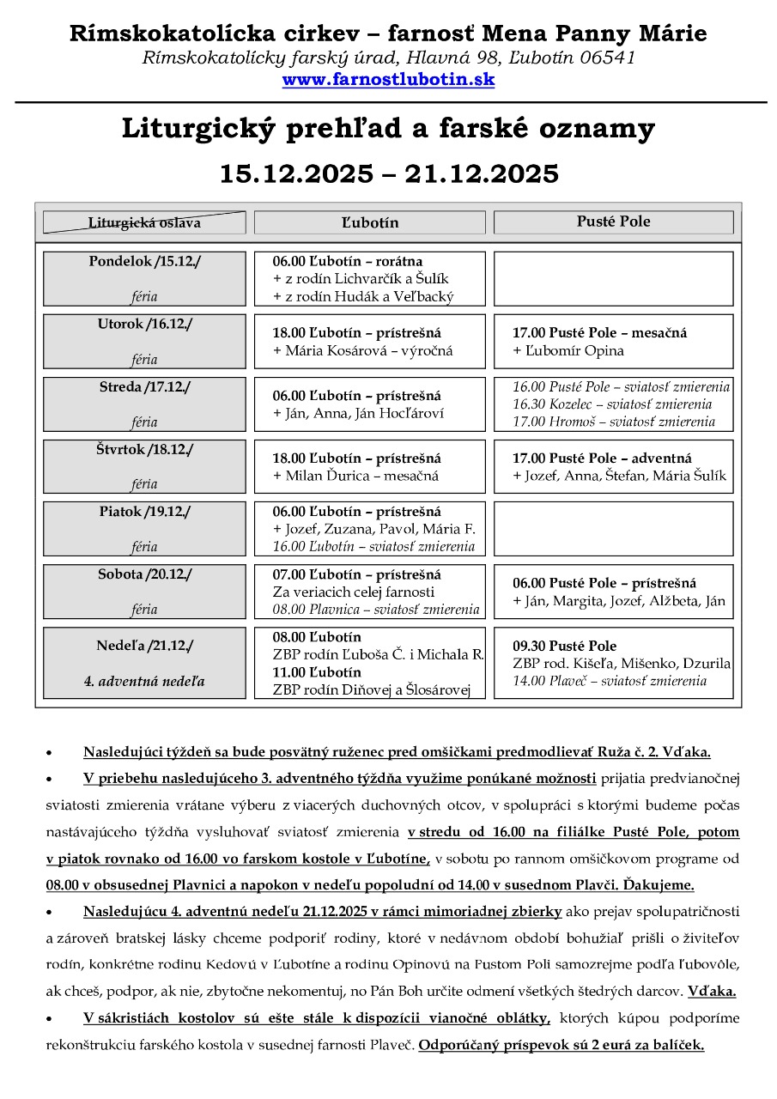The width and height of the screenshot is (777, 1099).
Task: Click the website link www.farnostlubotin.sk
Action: pos(388,80)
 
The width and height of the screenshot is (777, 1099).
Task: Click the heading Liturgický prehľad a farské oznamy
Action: pos(388,130)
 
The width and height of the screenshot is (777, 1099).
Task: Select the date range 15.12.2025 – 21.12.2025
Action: pos(388,173)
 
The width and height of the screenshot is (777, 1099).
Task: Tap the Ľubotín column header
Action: pos(369,222)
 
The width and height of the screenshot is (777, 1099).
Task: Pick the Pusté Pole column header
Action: pos(613,222)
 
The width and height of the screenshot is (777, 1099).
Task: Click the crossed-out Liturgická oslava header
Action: pos(144,222)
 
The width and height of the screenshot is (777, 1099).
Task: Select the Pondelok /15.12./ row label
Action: pos(144,261)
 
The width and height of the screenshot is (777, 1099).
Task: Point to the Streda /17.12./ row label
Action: pos(144,386)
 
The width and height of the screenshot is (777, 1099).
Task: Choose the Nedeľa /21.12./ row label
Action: pos(144,645)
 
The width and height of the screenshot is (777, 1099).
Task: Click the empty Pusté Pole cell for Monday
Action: pos(613,278)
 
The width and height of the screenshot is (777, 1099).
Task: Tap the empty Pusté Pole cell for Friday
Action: pos(613,529)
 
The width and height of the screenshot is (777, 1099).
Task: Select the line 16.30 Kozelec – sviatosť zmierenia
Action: pos(611,404)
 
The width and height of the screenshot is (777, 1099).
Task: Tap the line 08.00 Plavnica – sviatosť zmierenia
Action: pos(375,610)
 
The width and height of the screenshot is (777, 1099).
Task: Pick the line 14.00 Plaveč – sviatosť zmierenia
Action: pos(610,681)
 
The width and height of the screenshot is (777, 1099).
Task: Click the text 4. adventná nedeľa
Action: pos(144,682)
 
